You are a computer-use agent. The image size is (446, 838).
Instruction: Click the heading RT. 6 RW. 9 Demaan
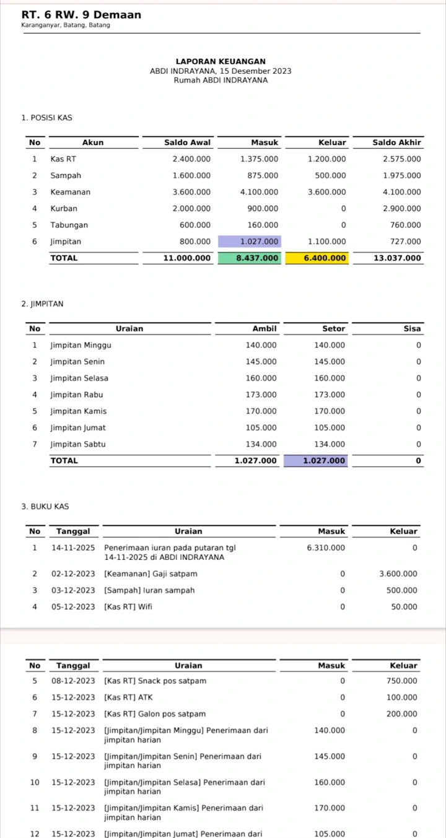81,14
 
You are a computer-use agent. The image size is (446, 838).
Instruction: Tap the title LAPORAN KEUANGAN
221,61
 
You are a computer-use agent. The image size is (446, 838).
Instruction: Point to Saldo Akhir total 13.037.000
397,258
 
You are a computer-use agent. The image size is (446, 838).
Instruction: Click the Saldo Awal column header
187,142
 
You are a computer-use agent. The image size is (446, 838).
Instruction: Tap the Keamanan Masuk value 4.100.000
259,192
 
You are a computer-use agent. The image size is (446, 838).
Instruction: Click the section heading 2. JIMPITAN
42,304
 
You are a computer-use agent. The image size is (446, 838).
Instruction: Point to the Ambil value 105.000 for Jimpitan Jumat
261,427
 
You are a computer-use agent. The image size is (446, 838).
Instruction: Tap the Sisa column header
412,329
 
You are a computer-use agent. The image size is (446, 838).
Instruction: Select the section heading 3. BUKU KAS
45,507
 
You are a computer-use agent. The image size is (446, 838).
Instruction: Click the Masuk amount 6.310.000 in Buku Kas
326,548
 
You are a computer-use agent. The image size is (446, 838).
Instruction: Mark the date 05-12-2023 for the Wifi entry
73,607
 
